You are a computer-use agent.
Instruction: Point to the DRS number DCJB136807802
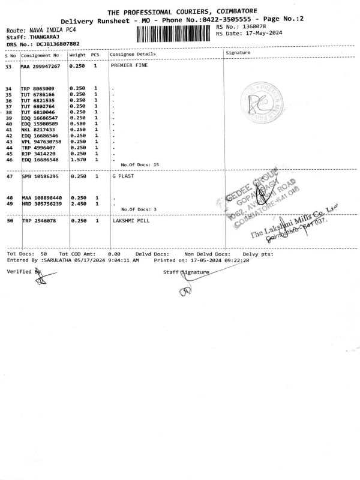coord(58,44)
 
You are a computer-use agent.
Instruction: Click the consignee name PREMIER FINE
coord(130,65)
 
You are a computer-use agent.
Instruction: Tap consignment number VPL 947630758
coord(41,141)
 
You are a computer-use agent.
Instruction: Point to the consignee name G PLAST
coord(122,176)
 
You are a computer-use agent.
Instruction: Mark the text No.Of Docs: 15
coord(140,164)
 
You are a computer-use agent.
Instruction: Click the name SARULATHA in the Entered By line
coord(56,261)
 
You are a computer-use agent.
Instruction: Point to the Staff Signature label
coord(186,272)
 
